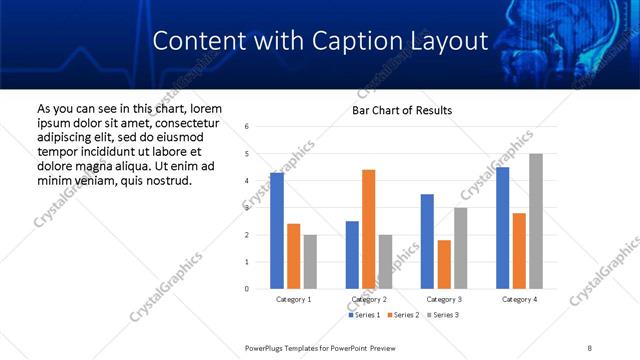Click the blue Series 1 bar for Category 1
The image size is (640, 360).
pos(277,231)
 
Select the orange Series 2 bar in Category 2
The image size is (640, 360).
pos(368,229)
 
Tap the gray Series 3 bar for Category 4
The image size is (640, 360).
pos(536,221)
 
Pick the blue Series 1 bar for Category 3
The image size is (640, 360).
pos(427,241)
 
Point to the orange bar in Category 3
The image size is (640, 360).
pos(444,264)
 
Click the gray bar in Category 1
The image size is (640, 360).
pos(310,262)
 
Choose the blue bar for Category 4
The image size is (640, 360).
pos(502,228)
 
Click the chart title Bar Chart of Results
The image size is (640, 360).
pos(402,110)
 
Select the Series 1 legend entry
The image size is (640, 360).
pos(363,315)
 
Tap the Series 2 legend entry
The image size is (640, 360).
pos(403,315)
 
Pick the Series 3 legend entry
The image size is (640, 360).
pos(443,315)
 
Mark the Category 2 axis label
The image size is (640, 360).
pos(368,299)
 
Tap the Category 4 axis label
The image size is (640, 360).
pos(519,299)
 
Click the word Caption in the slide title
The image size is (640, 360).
pos(333,41)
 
